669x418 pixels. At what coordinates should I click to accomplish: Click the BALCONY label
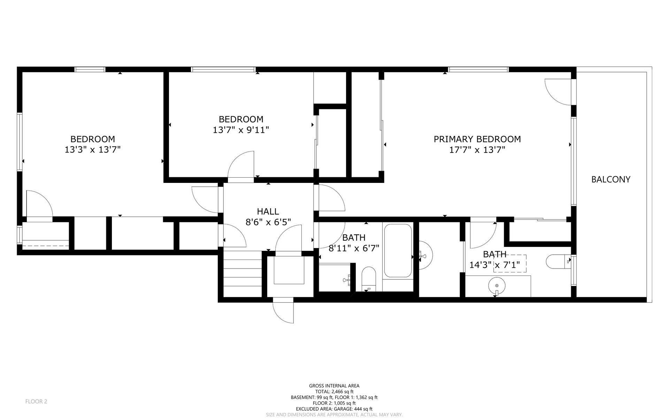coord(611,179)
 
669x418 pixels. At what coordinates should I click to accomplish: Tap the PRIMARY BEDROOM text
coord(477,139)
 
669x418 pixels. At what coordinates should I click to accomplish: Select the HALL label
coord(268,211)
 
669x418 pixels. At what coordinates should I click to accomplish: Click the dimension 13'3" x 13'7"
coord(93,150)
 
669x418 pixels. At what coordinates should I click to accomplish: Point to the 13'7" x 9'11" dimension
coord(241,130)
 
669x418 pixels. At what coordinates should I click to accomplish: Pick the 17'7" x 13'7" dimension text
coord(477,150)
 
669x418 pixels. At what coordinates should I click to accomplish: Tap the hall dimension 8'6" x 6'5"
coord(268,222)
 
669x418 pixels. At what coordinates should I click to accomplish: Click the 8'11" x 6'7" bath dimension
coord(354,248)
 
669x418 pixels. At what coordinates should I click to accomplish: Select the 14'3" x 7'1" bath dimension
coord(494,265)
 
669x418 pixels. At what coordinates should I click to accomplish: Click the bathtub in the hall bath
coord(398,250)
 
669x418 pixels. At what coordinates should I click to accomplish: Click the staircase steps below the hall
coord(242,274)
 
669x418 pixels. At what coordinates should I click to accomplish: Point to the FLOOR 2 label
coord(36,402)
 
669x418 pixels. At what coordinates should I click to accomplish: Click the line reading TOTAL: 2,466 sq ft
coord(334,392)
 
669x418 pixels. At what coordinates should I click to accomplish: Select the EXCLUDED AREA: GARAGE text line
coord(334,409)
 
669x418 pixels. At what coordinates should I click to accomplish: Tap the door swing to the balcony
coord(557,91)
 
